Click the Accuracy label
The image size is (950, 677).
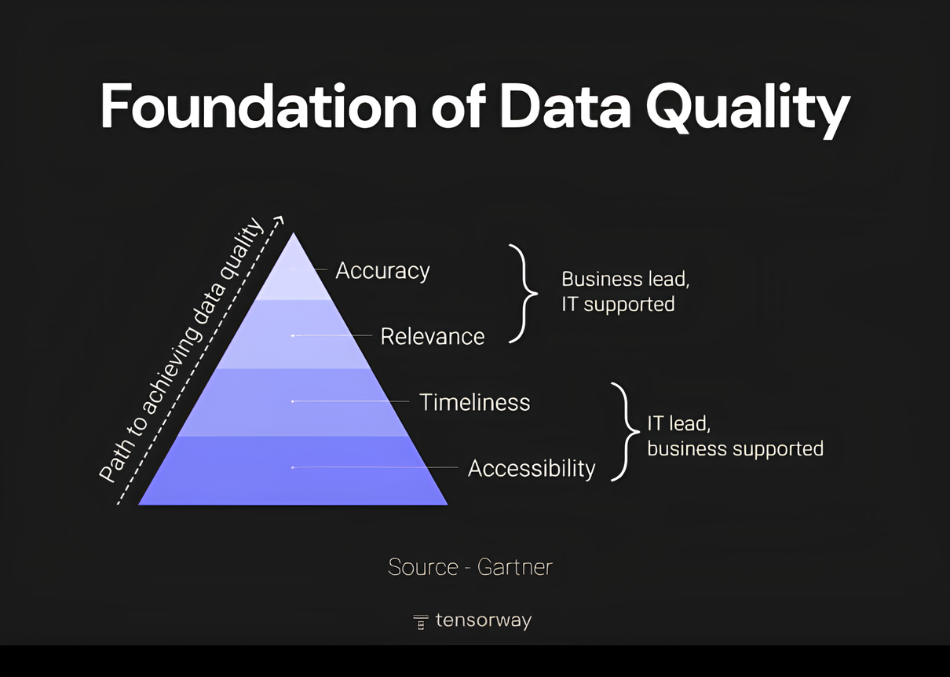(x=382, y=270)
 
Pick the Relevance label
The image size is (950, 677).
(x=432, y=336)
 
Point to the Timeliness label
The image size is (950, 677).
(x=474, y=402)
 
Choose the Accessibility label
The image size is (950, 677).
(x=532, y=468)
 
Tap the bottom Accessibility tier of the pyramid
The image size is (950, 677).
(x=294, y=471)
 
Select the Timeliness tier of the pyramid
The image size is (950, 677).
(x=294, y=403)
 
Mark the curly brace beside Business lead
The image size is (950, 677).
(x=524, y=293)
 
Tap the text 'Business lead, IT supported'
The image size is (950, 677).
(x=625, y=291)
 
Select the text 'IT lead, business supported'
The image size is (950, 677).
(x=734, y=436)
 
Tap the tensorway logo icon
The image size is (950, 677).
(x=421, y=621)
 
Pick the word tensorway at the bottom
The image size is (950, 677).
(x=483, y=620)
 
